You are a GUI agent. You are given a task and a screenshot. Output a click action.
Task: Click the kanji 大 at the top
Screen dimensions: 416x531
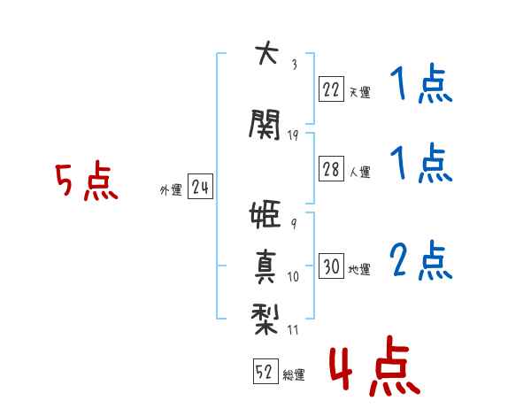(265, 54)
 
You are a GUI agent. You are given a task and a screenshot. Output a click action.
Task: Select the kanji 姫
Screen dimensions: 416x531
(265, 216)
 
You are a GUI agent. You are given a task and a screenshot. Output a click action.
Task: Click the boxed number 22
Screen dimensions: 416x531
(331, 89)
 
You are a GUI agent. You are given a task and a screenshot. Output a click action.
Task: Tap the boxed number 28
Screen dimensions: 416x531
(331, 171)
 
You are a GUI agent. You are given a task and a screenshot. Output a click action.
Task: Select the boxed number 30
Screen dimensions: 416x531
(331, 266)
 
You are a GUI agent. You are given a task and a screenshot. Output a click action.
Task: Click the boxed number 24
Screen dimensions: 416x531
(200, 188)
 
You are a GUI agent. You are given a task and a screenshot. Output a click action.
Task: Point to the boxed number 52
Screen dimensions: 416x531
(264, 373)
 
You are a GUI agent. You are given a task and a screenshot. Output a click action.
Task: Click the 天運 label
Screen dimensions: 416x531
(359, 92)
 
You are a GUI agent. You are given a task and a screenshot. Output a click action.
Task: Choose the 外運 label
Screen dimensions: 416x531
(170, 189)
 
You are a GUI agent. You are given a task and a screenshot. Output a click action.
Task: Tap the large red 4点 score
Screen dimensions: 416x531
(373, 370)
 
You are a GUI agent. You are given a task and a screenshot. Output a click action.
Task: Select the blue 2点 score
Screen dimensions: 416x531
(421, 261)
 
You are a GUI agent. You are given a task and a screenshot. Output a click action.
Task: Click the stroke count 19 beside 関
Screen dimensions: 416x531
(294, 135)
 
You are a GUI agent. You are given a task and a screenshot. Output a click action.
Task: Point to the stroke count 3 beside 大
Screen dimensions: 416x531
(294, 64)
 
